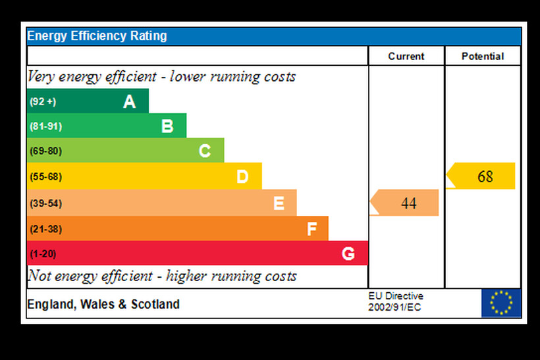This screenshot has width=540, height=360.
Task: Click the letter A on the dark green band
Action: pos(129,101)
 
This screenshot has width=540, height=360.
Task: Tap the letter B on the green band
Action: pos(167,126)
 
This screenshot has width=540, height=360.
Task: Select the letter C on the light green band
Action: pos(205,151)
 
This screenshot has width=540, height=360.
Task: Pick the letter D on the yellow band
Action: pos(242,176)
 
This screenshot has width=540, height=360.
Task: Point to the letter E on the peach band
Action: pos(279,203)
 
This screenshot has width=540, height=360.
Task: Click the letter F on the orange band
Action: pos(312,229)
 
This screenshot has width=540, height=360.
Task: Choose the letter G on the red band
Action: pos(348,253)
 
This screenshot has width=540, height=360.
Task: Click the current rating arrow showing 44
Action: pos(405,203)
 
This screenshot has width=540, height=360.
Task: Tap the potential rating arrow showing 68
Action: pos(481,176)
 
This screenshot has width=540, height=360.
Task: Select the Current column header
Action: pos(406,56)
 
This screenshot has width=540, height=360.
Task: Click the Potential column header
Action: pos(483,56)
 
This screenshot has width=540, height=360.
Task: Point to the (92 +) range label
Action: pos(43,101)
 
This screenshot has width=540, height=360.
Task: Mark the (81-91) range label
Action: pos(45,126)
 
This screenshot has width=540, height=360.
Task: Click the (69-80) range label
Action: pos(45,151)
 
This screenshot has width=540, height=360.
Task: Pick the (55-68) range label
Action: pos(45,176)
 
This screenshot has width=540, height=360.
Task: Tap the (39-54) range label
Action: pos(45,203)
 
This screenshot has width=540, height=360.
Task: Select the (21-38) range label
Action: pos(45,229)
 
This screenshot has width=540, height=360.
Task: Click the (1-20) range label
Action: pos(43,253)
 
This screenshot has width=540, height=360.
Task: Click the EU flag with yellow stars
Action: pos(500,303)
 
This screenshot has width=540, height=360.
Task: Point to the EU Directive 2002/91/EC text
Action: pos(395,302)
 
